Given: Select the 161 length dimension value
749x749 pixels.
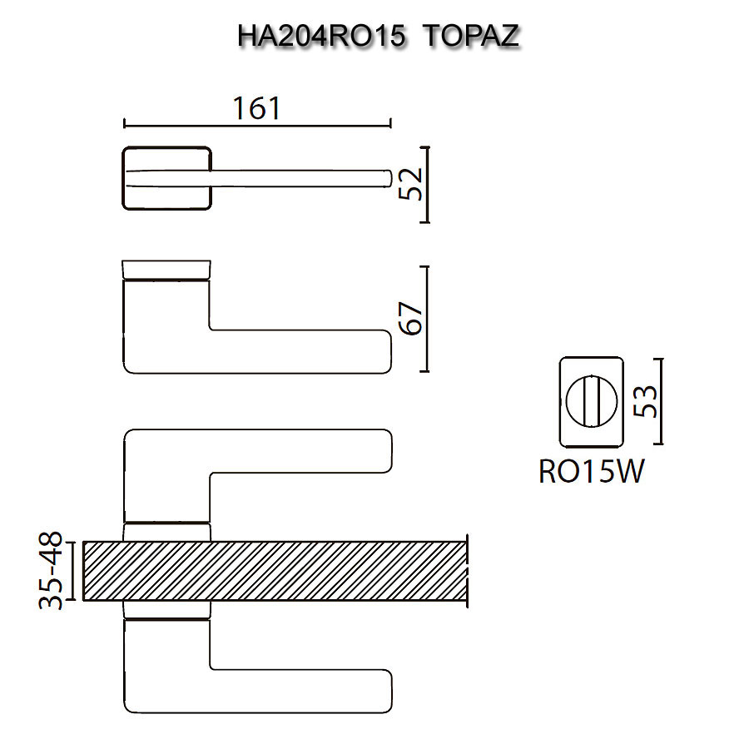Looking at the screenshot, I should click(x=256, y=108).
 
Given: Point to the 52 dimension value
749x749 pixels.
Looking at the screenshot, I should click(x=410, y=185).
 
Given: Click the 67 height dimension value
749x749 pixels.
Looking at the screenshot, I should click(x=410, y=318).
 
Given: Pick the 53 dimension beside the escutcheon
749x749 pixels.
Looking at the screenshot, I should click(x=646, y=401).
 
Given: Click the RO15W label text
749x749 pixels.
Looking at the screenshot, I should click(x=592, y=472).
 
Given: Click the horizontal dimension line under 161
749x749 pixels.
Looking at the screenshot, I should click(x=256, y=126).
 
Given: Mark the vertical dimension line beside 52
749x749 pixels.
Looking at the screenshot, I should click(x=427, y=185).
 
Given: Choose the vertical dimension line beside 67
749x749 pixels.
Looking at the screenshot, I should click(x=427, y=319).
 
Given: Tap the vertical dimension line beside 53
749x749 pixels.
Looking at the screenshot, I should click(x=662, y=401).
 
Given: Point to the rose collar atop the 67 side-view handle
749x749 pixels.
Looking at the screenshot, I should click(x=166, y=270).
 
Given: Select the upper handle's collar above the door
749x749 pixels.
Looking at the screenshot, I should click(x=166, y=532).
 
